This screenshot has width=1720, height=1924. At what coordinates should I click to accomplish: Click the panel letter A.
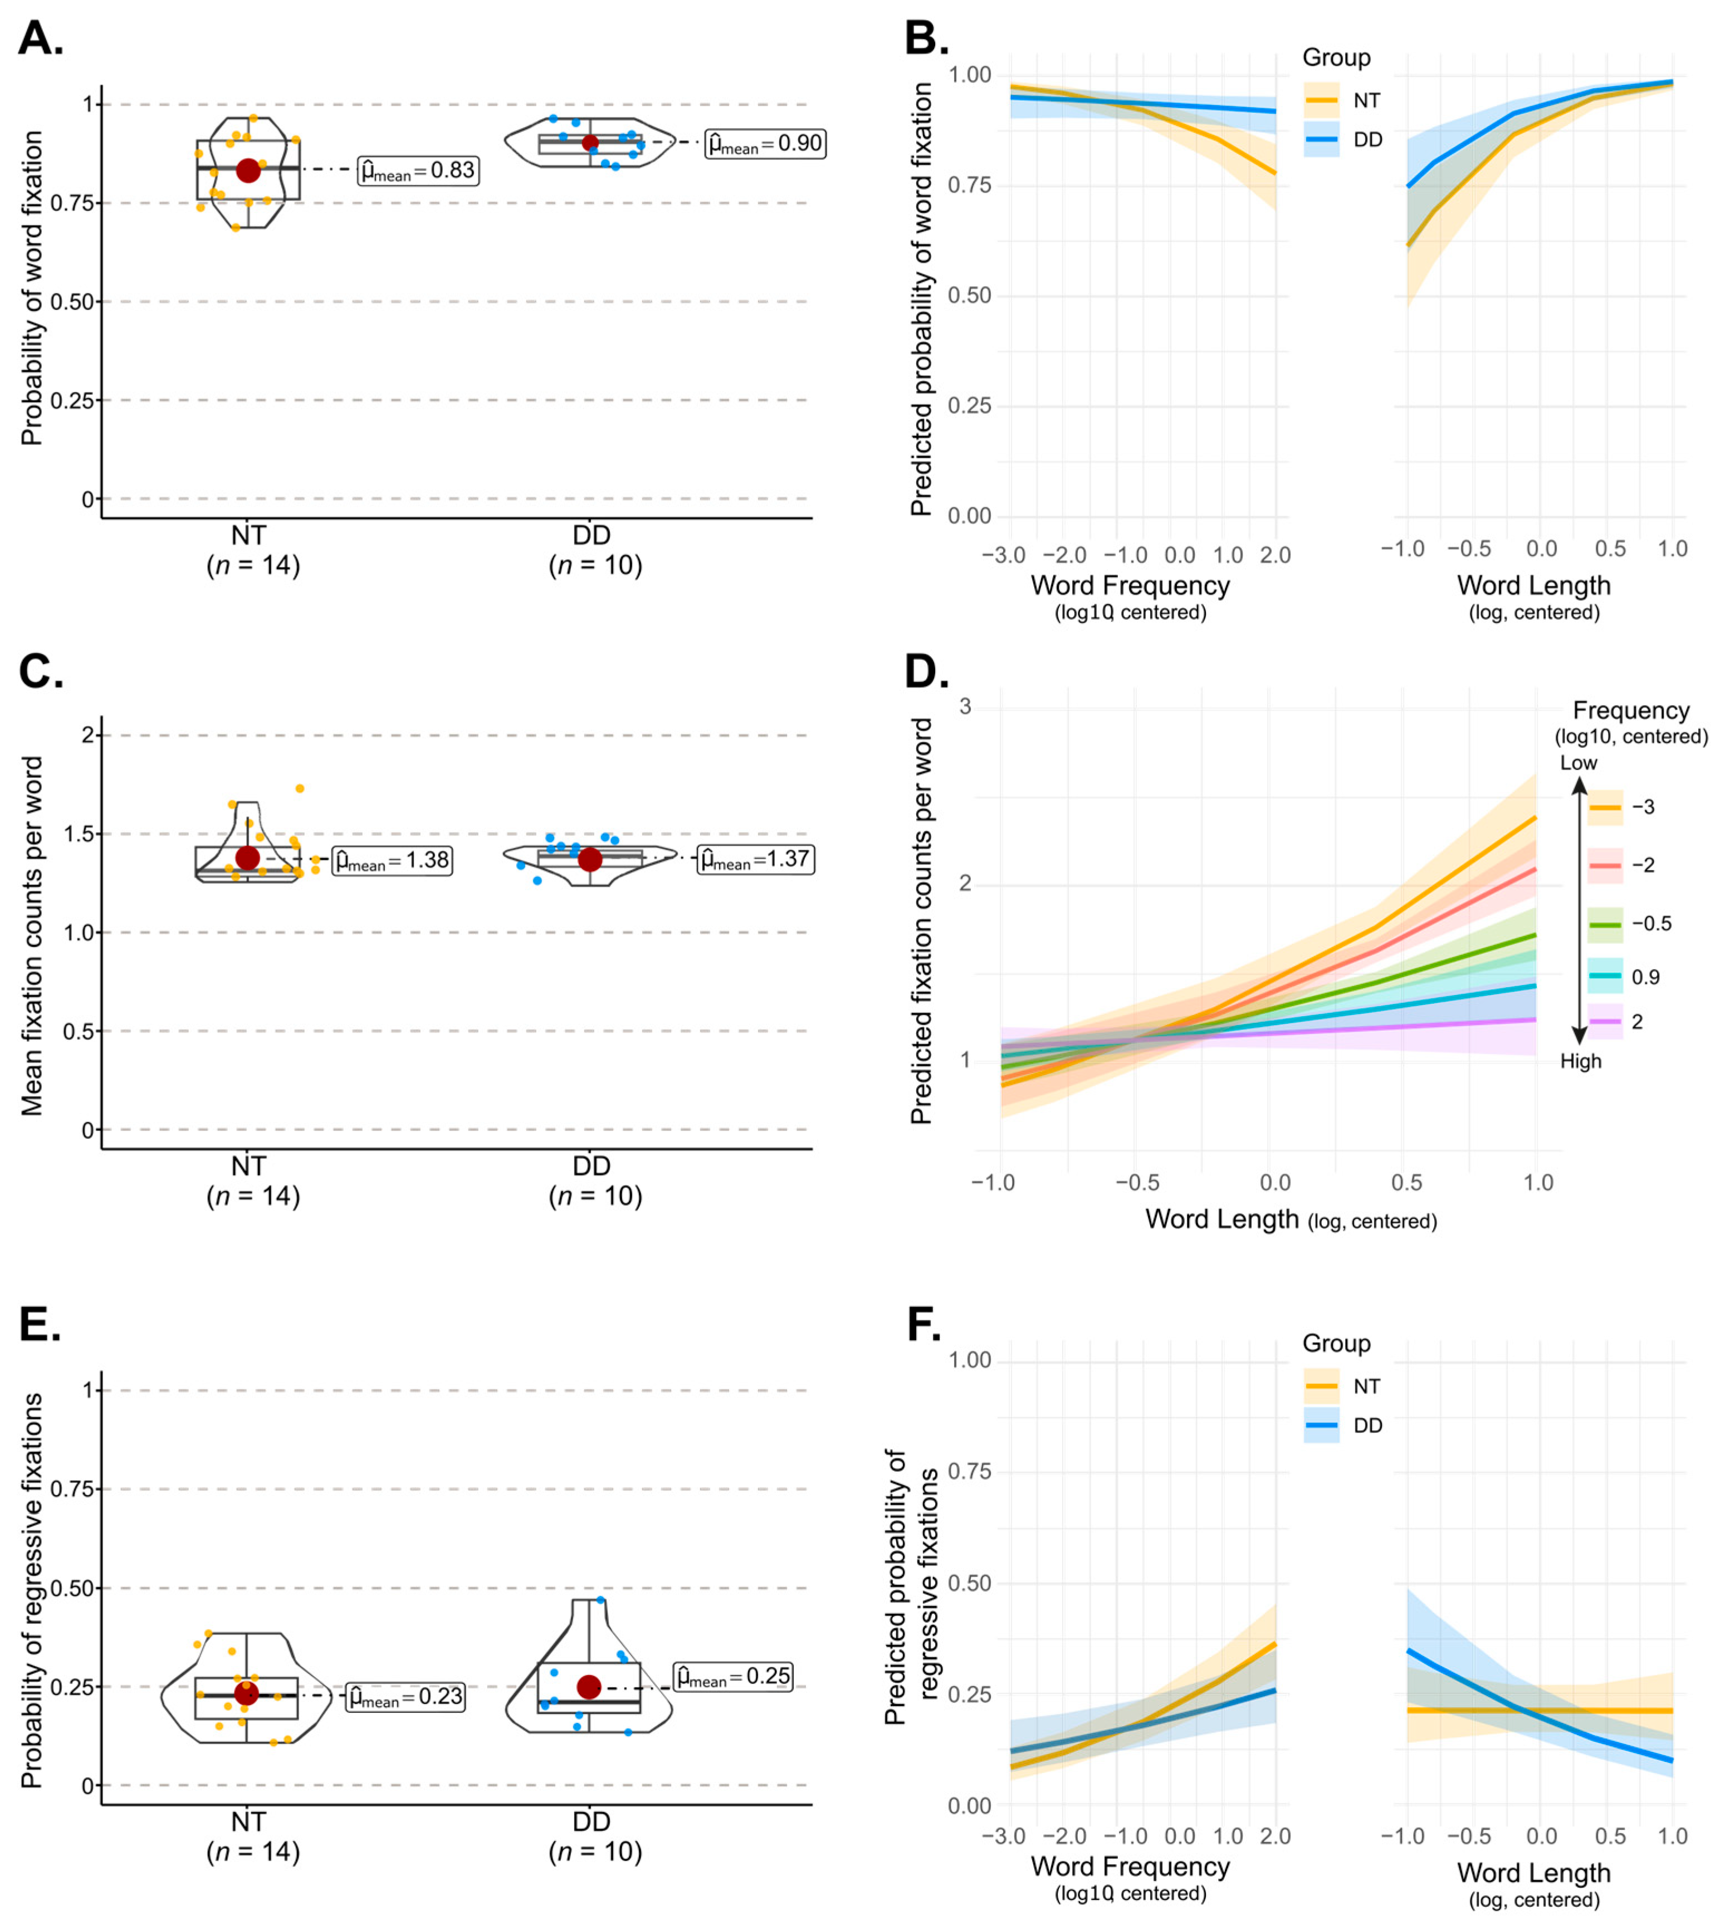(x=41, y=39)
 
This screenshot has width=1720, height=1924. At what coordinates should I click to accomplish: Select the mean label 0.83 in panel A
(x=419, y=171)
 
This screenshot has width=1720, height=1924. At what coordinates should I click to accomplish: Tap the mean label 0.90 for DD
(x=765, y=144)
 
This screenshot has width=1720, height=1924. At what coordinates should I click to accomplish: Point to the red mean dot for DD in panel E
(x=589, y=1687)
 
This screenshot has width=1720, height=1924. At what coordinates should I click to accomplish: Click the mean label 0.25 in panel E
(x=734, y=1676)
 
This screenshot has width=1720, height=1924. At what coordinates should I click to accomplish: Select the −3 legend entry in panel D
(x=1625, y=807)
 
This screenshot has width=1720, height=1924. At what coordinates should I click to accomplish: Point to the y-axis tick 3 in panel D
(x=965, y=707)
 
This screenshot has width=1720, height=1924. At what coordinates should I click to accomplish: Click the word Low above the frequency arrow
(x=1578, y=762)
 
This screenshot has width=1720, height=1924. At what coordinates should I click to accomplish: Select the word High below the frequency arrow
(x=1581, y=1061)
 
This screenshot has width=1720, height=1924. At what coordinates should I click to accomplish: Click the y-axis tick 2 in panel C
(x=88, y=735)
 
